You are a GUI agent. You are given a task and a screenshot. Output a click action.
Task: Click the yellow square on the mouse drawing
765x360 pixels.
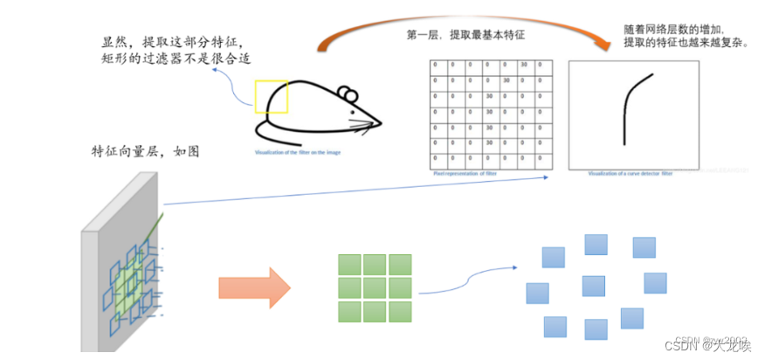[272, 96]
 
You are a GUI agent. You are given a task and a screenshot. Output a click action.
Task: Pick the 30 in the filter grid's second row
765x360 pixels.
[506, 81]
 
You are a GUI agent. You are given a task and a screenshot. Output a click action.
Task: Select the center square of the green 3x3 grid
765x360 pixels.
[375, 287]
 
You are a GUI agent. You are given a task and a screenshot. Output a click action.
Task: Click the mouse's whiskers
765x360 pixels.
[362, 120]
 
